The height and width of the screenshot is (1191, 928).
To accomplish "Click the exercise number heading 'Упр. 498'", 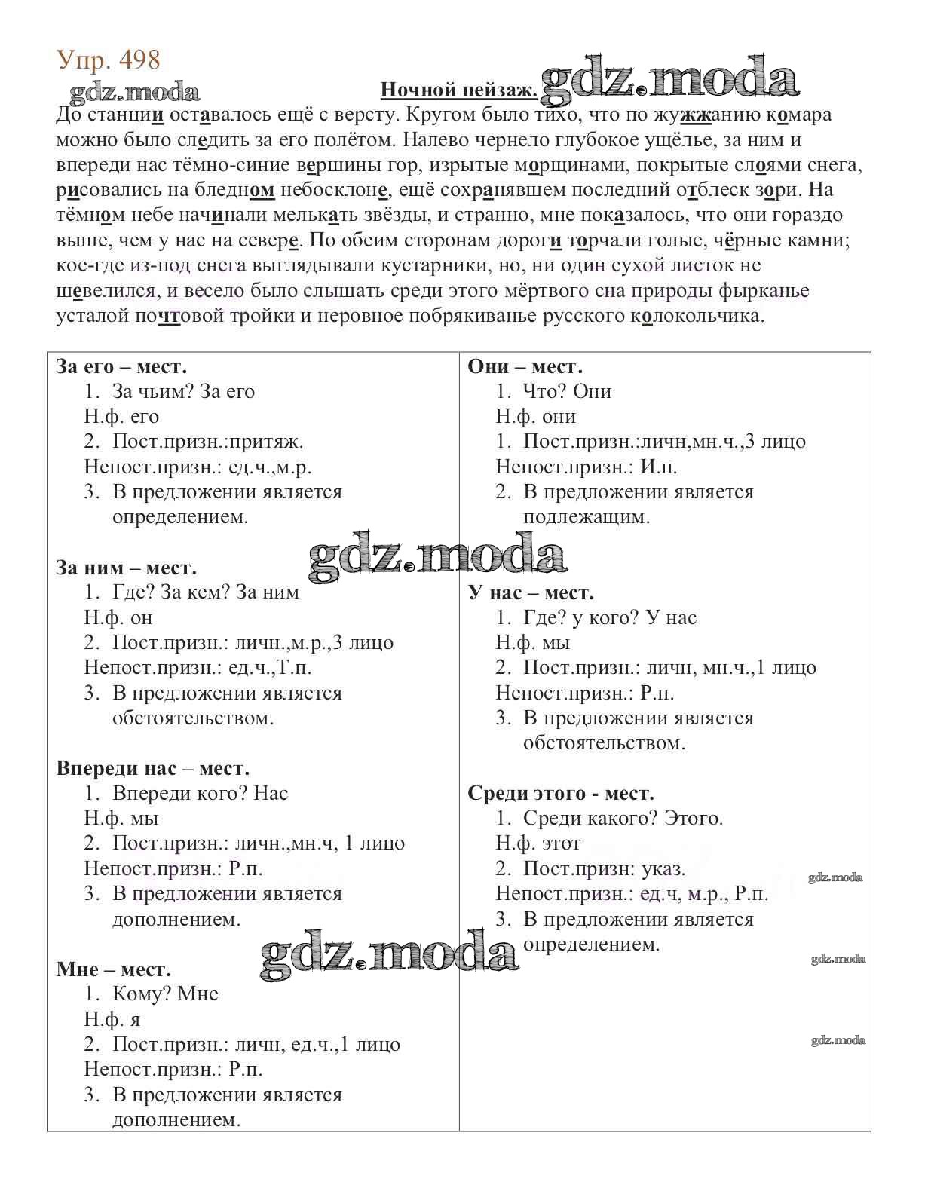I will click(x=109, y=60).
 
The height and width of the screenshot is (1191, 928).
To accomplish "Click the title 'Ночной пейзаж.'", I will click(x=458, y=90).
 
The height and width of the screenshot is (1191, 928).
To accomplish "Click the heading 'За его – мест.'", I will click(x=121, y=366).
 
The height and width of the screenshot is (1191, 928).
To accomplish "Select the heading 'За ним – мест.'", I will click(x=126, y=568).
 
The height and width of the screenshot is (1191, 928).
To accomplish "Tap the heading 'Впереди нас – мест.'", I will click(x=152, y=768).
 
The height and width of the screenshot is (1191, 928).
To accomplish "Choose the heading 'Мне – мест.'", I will click(x=113, y=969).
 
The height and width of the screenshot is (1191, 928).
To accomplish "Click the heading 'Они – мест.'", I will click(x=525, y=366).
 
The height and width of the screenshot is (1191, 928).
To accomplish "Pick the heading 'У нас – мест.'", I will click(x=531, y=592).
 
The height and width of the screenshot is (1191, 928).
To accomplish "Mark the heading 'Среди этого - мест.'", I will click(x=560, y=793).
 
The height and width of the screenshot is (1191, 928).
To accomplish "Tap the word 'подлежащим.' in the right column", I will click(x=586, y=517).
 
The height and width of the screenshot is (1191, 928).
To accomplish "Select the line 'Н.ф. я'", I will click(x=112, y=1019).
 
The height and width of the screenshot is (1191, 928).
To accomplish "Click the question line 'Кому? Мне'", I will click(x=165, y=994).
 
